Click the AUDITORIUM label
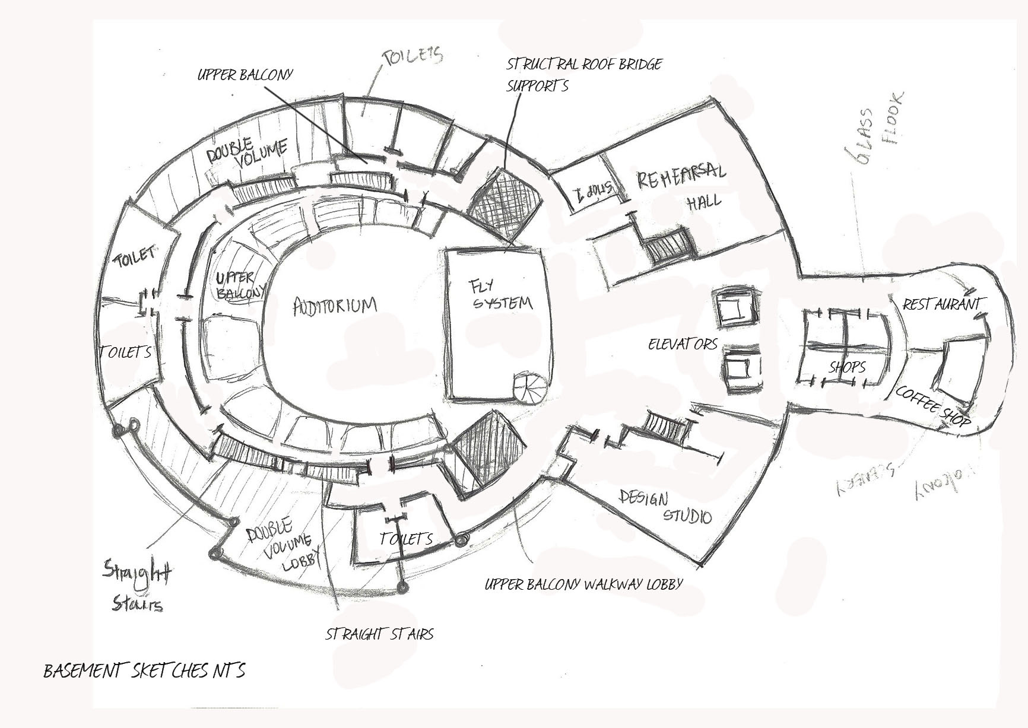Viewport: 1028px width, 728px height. [x=335, y=306]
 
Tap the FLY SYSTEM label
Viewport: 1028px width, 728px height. [x=500, y=295]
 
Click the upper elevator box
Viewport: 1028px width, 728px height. [x=736, y=307]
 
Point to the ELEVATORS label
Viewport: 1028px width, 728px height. [x=683, y=344]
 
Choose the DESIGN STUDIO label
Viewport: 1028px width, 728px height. [x=665, y=506]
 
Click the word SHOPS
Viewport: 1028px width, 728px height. [x=847, y=367]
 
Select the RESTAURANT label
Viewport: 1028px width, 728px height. [x=941, y=304]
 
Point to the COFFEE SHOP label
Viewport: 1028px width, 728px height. [x=932, y=407]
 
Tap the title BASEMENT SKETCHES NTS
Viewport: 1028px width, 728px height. [x=144, y=671]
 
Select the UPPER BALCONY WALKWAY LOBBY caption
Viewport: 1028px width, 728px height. [x=583, y=584]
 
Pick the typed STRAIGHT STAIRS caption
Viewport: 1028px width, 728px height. [x=379, y=634]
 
